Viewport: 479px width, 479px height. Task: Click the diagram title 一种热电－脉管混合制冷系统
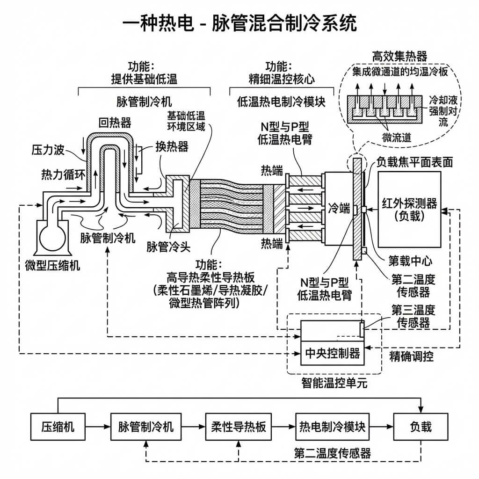239,23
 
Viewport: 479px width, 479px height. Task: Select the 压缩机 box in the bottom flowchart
58,427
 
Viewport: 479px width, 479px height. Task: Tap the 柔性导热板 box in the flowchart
239,427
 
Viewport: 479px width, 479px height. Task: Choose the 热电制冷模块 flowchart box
332,427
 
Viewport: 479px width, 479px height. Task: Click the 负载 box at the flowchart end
421,427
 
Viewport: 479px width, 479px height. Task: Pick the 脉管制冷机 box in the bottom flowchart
145,427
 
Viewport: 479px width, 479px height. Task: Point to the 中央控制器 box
332,353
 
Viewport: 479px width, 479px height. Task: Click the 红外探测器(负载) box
409,209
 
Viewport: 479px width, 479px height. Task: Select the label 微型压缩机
52,266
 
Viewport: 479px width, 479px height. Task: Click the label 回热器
115,123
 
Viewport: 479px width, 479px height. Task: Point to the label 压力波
48,150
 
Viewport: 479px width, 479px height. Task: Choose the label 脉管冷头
166,247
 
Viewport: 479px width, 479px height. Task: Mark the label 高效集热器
399,57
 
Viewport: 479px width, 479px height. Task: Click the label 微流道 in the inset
396,137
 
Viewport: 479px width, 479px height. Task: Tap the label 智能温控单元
334,384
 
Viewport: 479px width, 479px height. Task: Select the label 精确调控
412,356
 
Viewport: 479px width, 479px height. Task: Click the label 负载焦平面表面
415,162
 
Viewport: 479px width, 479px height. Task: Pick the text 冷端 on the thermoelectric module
339,208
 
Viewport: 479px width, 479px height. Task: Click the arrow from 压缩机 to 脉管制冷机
98,427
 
